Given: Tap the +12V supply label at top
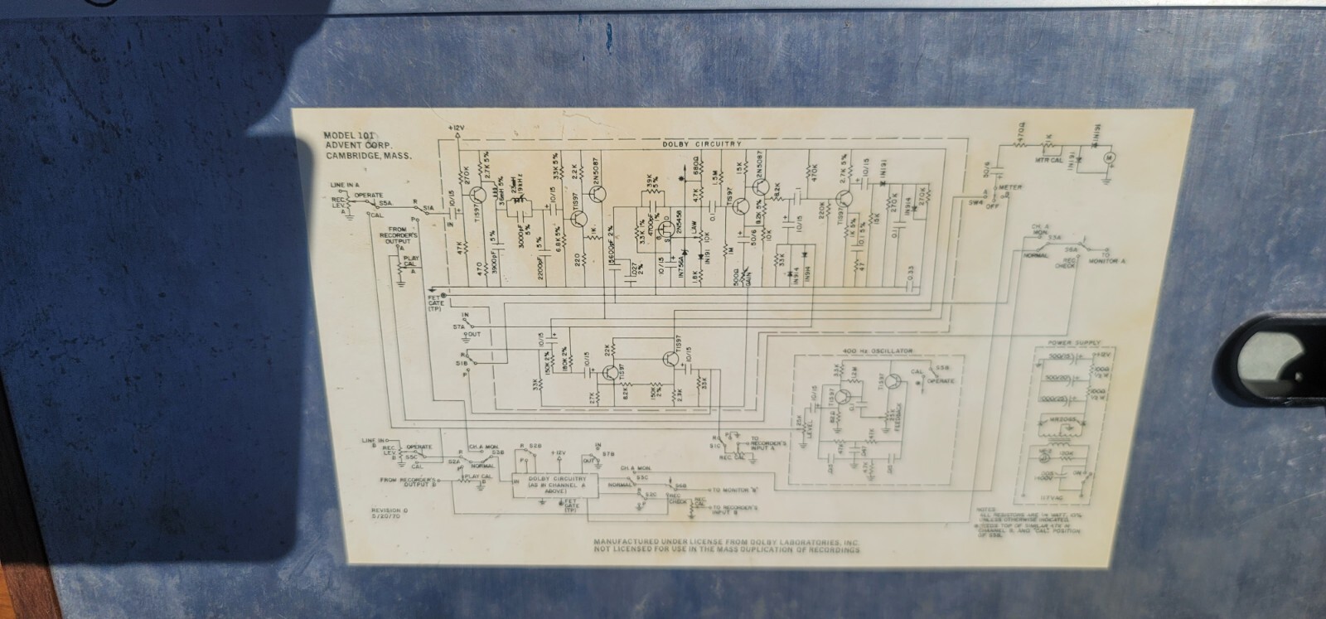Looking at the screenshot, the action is [x=455, y=128].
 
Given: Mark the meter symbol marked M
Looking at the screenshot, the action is [x=1112, y=155].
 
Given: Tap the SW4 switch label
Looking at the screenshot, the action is [x=976, y=201].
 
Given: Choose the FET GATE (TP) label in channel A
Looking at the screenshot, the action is [x=436, y=300].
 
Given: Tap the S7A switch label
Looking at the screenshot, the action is [x=459, y=328].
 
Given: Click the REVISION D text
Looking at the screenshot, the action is [x=386, y=510].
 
